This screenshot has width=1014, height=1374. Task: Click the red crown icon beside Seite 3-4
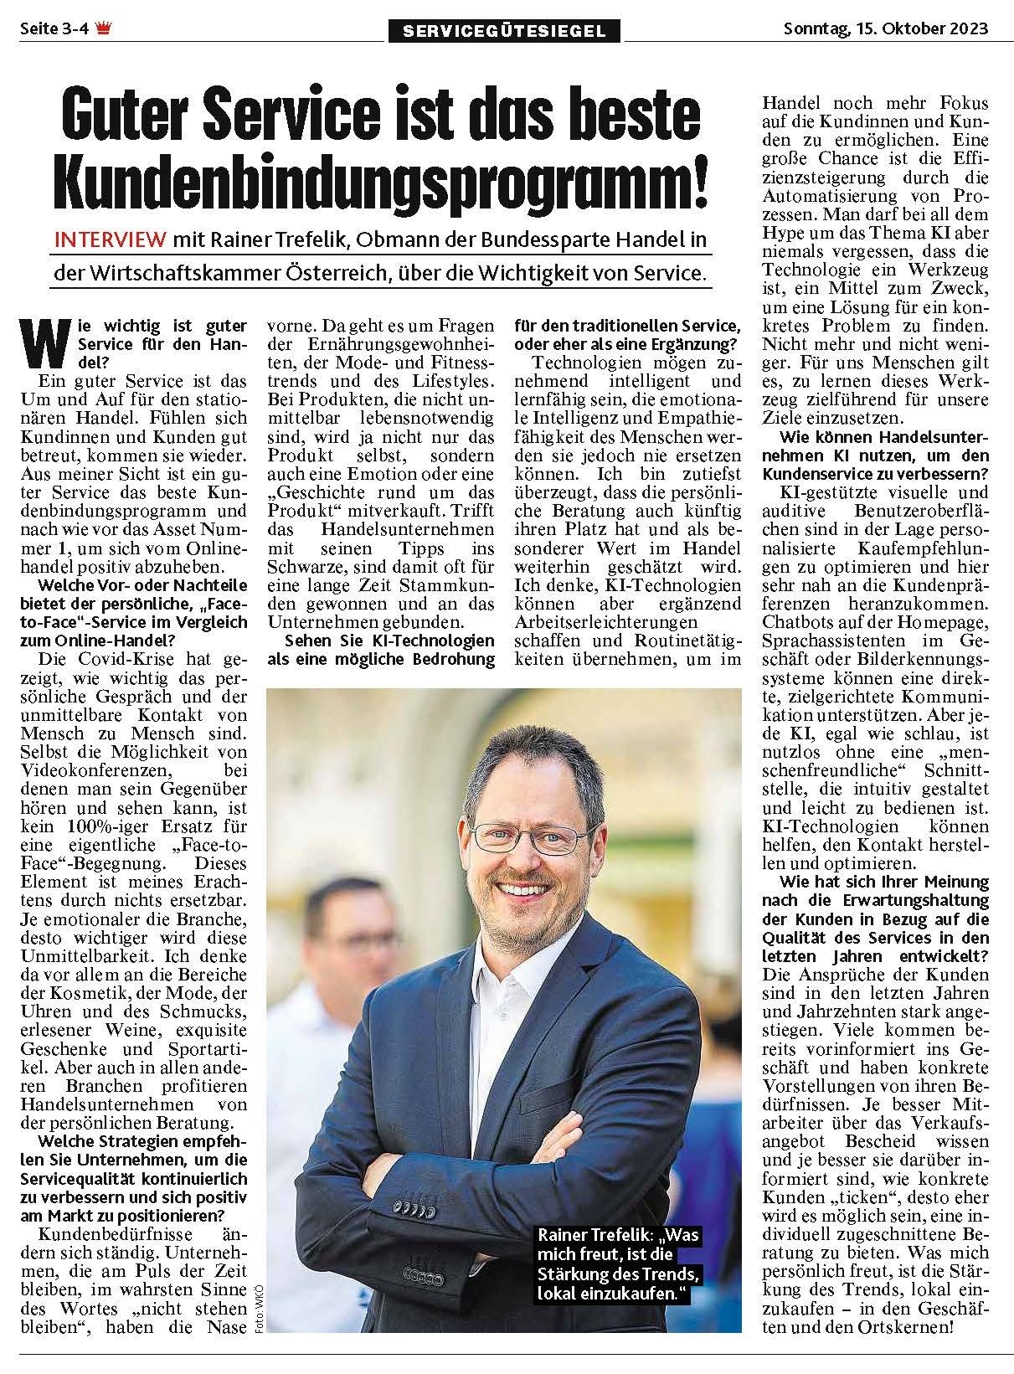[103, 28]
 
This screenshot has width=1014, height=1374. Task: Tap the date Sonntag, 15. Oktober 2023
[885, 28]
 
